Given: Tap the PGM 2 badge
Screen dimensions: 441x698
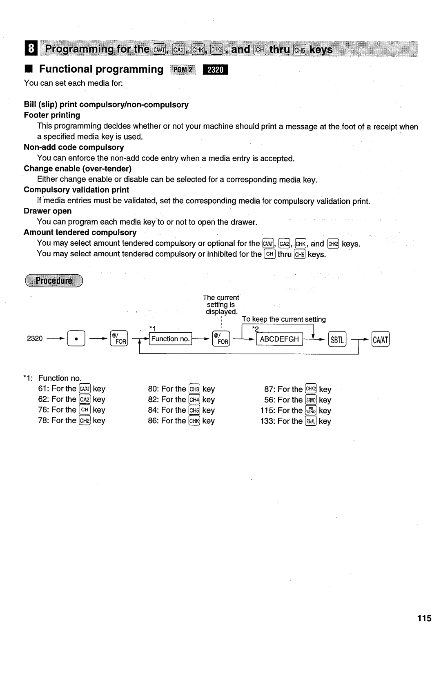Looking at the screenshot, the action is pyautogui.click(x=183, y=70).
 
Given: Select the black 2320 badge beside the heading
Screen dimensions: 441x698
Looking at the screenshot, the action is pyautogui.click(x=215, y=70).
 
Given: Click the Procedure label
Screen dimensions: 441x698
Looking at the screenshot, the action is pyautogui.click(x=54, y=280).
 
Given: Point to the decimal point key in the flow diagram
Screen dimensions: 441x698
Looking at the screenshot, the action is pyautogui.click(x=76, y=338).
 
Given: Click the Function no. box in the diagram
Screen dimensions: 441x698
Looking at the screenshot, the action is pyautogui.click(x=170, y=339).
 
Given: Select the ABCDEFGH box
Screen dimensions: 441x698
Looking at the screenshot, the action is pyautogui.click(x=280, y=339).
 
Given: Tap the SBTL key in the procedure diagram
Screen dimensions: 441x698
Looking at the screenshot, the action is pyautogui.click(x=337, y=339).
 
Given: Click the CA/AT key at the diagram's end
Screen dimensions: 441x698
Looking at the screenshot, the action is pyautogui.click(x=381, y=339).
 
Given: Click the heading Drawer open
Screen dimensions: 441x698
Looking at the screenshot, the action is pyautogui.click(x=48, y=211).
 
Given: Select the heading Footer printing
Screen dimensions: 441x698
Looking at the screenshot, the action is pyautogui.click(x=52, y=115).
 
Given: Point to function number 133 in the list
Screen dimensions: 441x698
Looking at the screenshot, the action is pyautogui.click(x=266, y=421).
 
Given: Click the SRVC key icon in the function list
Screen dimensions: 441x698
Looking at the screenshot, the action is pyautogui.click(x=311, y=400).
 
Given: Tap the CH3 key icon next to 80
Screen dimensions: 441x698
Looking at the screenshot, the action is pyautogui.click(x=194, y=389).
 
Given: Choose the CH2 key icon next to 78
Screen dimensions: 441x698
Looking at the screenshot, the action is pyautogui.click(x=85, y=420).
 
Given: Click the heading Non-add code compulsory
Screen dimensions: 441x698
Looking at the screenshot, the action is pyautogui.click(x=74, y=147).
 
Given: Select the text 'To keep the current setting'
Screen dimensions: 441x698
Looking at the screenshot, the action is pyautogui.click(x=284, y=319).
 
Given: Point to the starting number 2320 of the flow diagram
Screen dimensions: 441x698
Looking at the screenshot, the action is pyautogui.click(x=35, y=338).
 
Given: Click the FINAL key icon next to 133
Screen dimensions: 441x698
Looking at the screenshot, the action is pyautogui.click(x=311, y=421).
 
